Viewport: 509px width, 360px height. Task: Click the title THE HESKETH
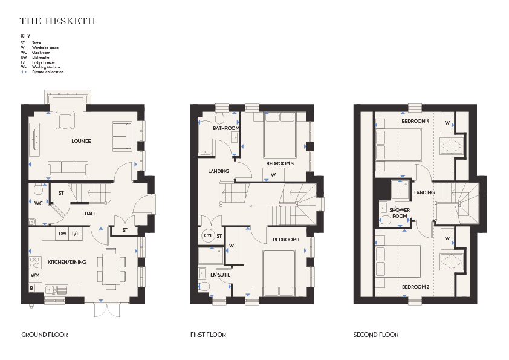pyautogui.click(x=57, y=21)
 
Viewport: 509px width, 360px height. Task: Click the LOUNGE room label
pyautogui.click(x=81, y=141)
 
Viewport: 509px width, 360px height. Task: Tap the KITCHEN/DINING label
pyautogui.click(x=67, y=262)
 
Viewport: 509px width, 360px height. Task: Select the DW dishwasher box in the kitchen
pyautogui.click(x=63, y=234)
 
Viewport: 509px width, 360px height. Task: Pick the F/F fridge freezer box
pyautogui.click(x=76, y=234)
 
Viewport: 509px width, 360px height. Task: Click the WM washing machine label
pyautogui.click(x=35, y=275)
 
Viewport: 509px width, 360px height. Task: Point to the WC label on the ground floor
pyautogui.click(x=38, y=203)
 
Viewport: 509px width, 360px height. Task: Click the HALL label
pyautogui.click(x=90, y=214)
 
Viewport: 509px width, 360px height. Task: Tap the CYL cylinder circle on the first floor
pyautogui.click(x=208, y=235)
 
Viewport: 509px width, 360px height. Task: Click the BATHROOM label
pyautogui.click(x=226, y=128)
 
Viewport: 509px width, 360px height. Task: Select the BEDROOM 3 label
pyautogui.click(x=280, y=163)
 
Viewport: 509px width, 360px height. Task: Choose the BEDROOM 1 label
pyautogui.click(x=286, y=240)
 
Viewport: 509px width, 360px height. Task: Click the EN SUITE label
pyautogui.click(x=221, y=275)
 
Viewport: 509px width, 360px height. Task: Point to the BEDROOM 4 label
pyautogui.click(x=415, y=121)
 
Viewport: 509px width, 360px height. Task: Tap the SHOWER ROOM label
pyautogui.click(x=400, y=213)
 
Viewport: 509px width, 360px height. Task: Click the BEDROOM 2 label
pyautogui.click(x=415, y=287)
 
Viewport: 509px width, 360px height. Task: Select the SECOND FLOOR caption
pyautogui.click(x=376, y=335)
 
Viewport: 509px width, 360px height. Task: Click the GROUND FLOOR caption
pyautogui.click(x=45, y=335)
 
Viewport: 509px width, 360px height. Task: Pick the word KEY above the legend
pyautogui.click(x=25, y=36)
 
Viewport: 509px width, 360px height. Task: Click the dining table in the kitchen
pyautogui.click(x=111, y=269)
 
